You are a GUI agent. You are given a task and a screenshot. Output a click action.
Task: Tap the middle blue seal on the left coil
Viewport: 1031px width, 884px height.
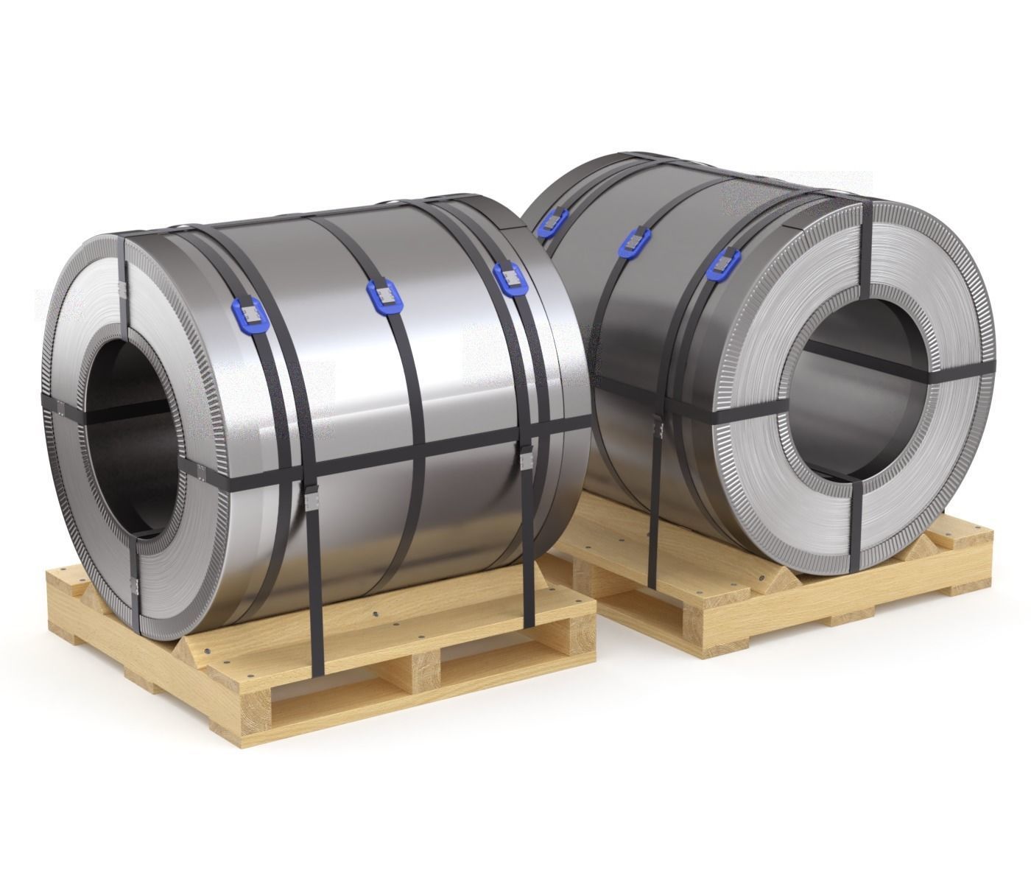pos(383,296)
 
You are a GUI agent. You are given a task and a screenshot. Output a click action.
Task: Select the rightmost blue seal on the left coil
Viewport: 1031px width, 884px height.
pos(507,278)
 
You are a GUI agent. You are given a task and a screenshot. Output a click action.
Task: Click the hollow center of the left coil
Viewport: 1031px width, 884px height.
pos(133,431)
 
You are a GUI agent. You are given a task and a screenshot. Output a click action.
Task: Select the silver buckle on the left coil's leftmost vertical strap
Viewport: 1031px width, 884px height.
pos(311,502)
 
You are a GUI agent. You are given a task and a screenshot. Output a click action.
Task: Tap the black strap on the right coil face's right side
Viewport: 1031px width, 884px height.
pos(957,372)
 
